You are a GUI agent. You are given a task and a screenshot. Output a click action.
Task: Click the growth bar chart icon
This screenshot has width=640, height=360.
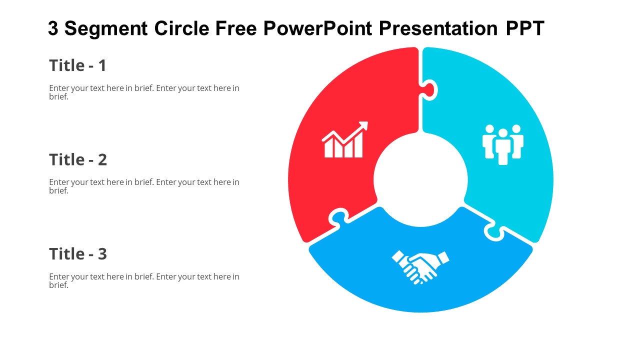pyautogui.click(x=344, y=140)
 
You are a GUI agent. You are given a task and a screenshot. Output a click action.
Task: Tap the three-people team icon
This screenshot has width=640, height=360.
pyautogui.click(x=502, y=144)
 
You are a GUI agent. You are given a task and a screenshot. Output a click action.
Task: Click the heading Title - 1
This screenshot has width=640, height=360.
pyautogui.click(x=77, y=65)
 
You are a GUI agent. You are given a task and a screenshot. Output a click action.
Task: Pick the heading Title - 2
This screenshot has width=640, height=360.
pyautogui.click(x=78, y=159)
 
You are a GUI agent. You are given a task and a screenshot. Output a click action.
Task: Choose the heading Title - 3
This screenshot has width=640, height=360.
pyautogui.click(x=78, y=254)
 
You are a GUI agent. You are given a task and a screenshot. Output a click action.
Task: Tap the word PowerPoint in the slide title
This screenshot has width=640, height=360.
pyautogui.click(x=318, y=29)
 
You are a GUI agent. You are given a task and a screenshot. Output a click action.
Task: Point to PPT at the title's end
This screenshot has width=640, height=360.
pyautogui.click(x=524, y=29)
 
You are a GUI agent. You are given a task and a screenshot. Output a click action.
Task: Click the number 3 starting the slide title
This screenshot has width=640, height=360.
pyautogui.click(x=53, y=29)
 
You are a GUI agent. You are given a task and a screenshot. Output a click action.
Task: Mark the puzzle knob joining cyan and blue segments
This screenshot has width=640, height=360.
pyautogui.click(x=494, y=231)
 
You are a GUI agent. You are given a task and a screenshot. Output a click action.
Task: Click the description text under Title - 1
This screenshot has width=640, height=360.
pyautogui.click(x=144, y=92)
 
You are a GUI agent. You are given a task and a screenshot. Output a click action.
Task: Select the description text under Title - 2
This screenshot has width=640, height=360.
pyautogui.click(x=144, y=186)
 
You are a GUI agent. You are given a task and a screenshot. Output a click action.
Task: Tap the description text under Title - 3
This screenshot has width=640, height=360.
pyautogui.click(x=144, y=280)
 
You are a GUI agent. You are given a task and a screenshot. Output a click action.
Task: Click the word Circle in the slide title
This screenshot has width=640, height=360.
pyautogui.click(x=181, y=29)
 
